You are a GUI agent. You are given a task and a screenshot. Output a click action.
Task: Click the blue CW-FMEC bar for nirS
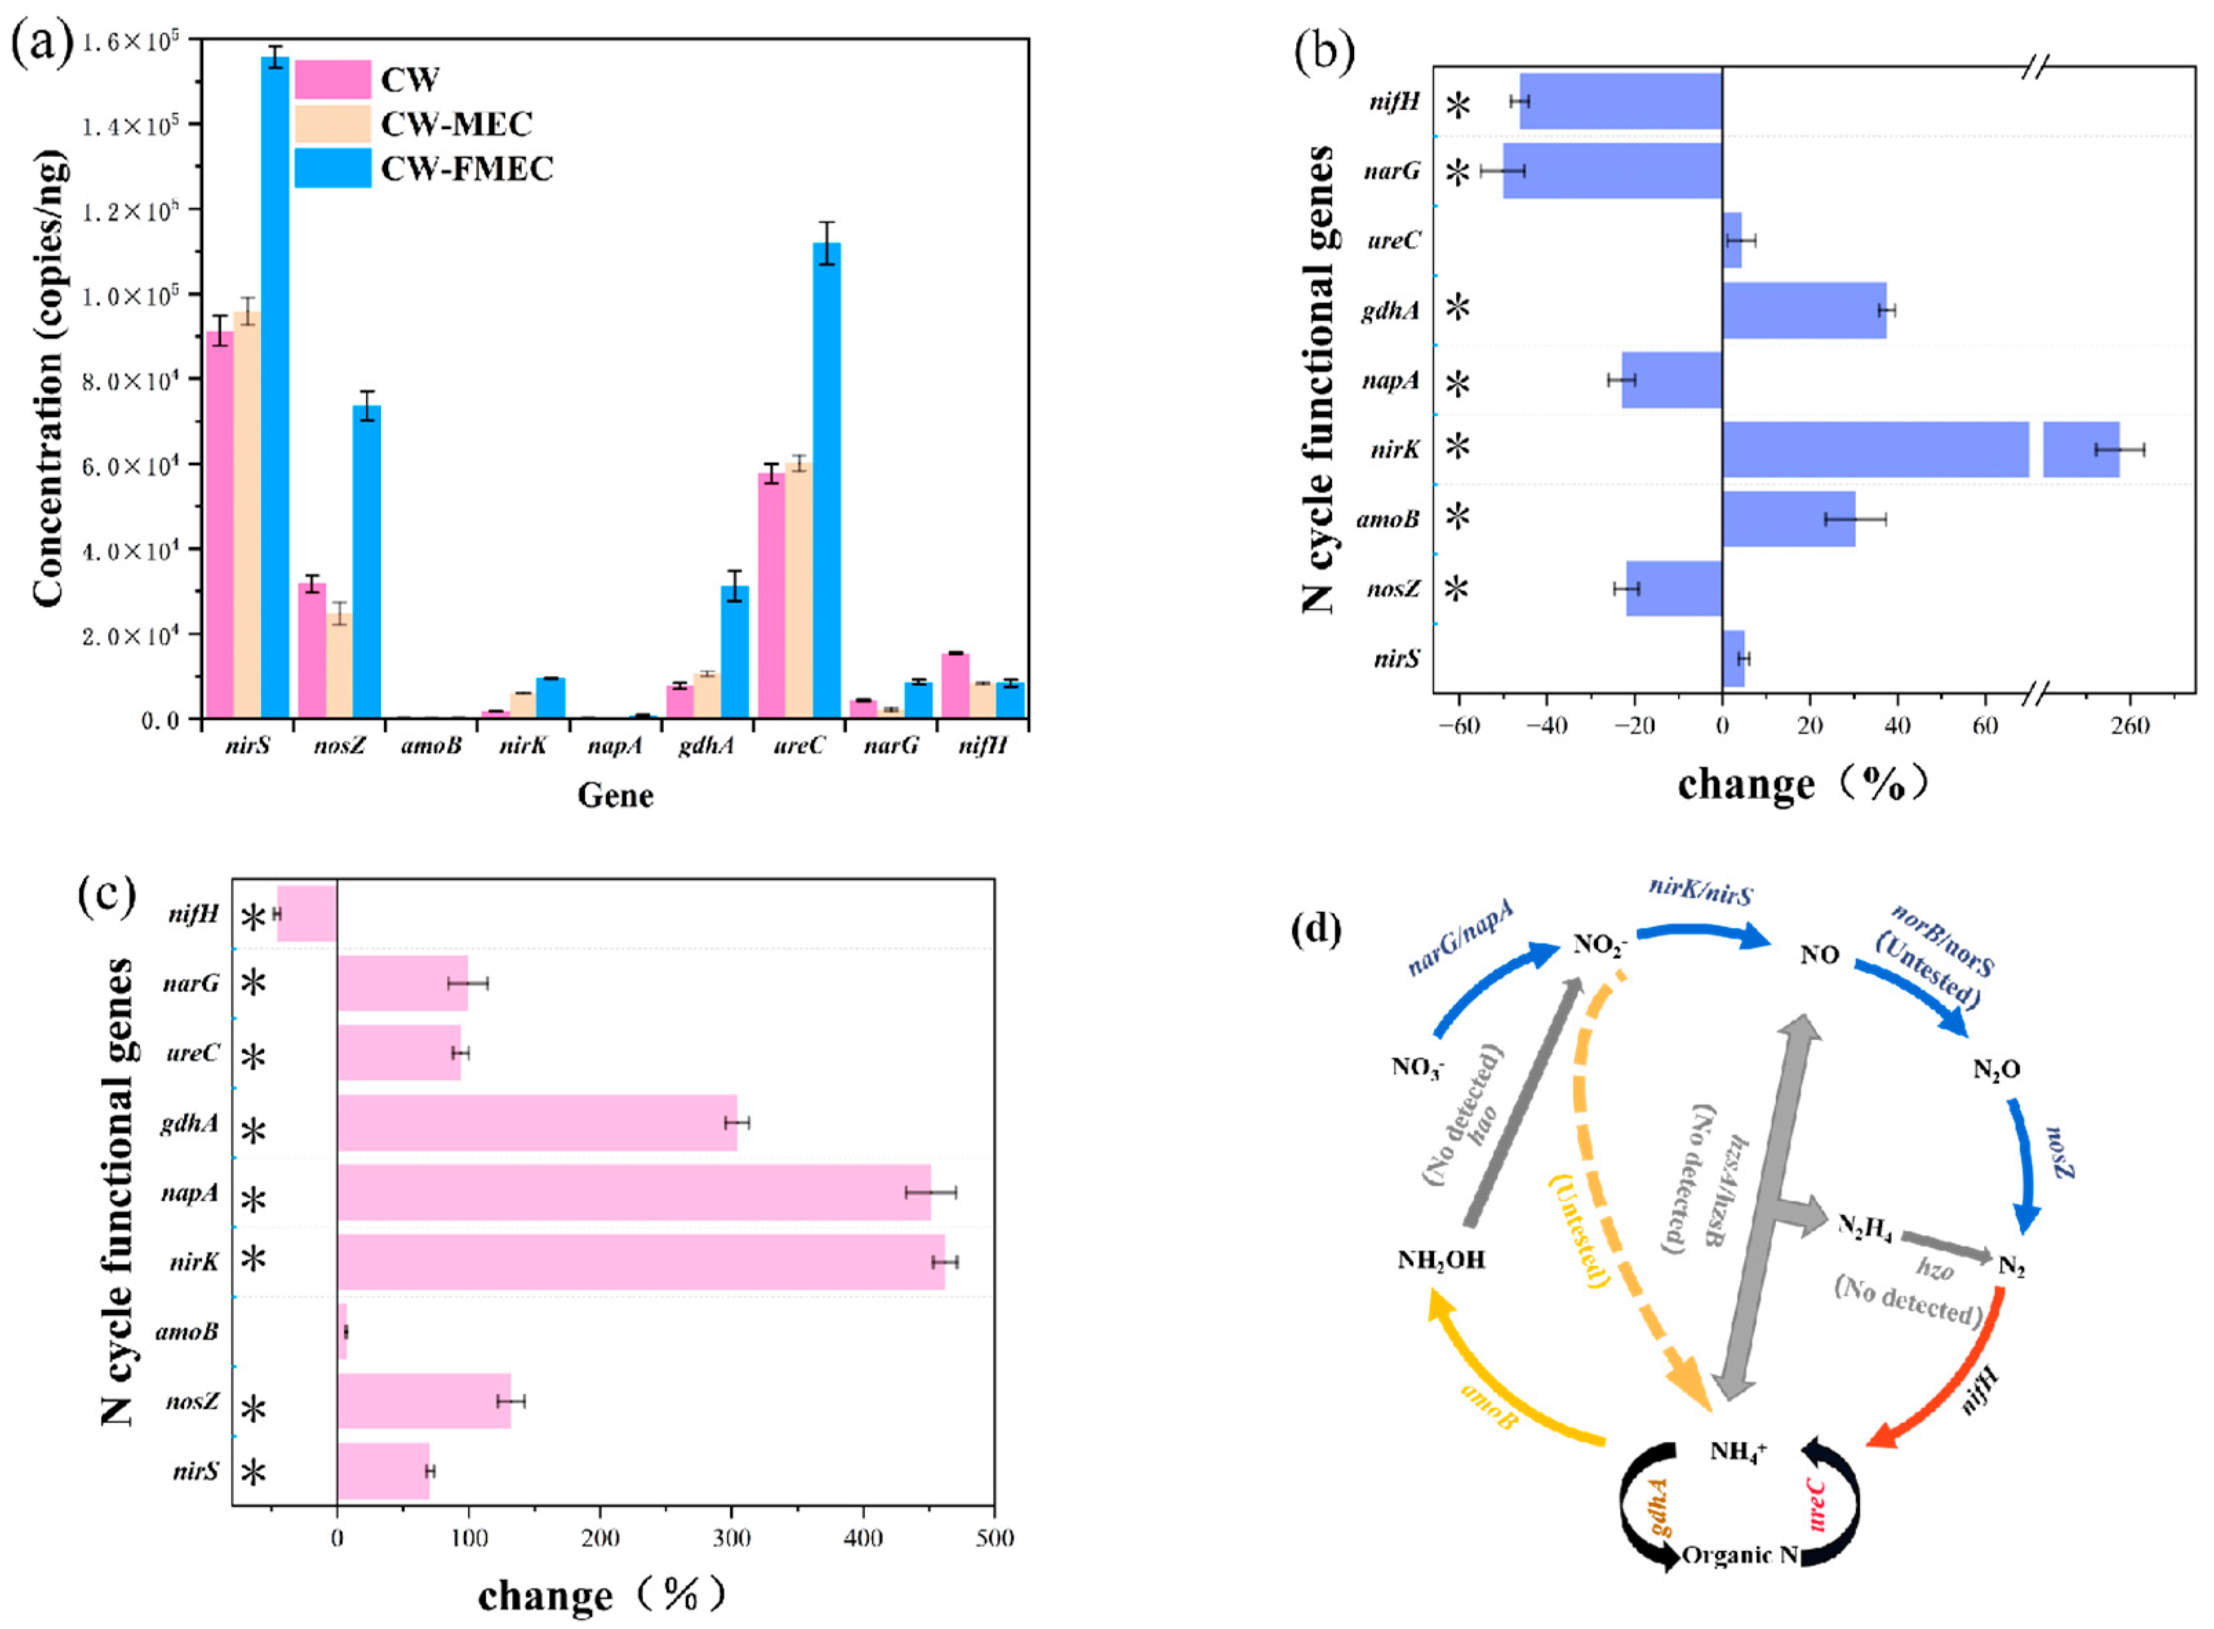click(275, 384)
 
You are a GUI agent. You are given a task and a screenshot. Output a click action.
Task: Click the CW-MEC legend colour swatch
click(332, 124)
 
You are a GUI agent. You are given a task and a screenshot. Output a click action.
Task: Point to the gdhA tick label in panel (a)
click(706, 745)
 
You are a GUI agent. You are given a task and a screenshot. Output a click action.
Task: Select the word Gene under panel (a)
click(615, 795)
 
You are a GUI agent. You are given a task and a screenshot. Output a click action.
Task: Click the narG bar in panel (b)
click(1612, 171)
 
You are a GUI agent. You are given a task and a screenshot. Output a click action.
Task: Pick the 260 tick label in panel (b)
click(2129, 727)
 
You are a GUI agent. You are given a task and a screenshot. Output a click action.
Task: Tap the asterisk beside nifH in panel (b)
click(1457, 103)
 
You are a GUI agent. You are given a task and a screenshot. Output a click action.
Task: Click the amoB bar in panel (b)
click(1788, 519)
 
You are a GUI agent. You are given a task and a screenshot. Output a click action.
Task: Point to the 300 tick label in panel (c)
click(731, 1538)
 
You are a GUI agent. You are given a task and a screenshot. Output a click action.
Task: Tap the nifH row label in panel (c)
click(194, 914)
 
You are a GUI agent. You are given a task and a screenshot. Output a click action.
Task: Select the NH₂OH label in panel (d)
click(1441, 1259)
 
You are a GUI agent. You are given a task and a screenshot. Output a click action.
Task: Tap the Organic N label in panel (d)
click(1740, 1555)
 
